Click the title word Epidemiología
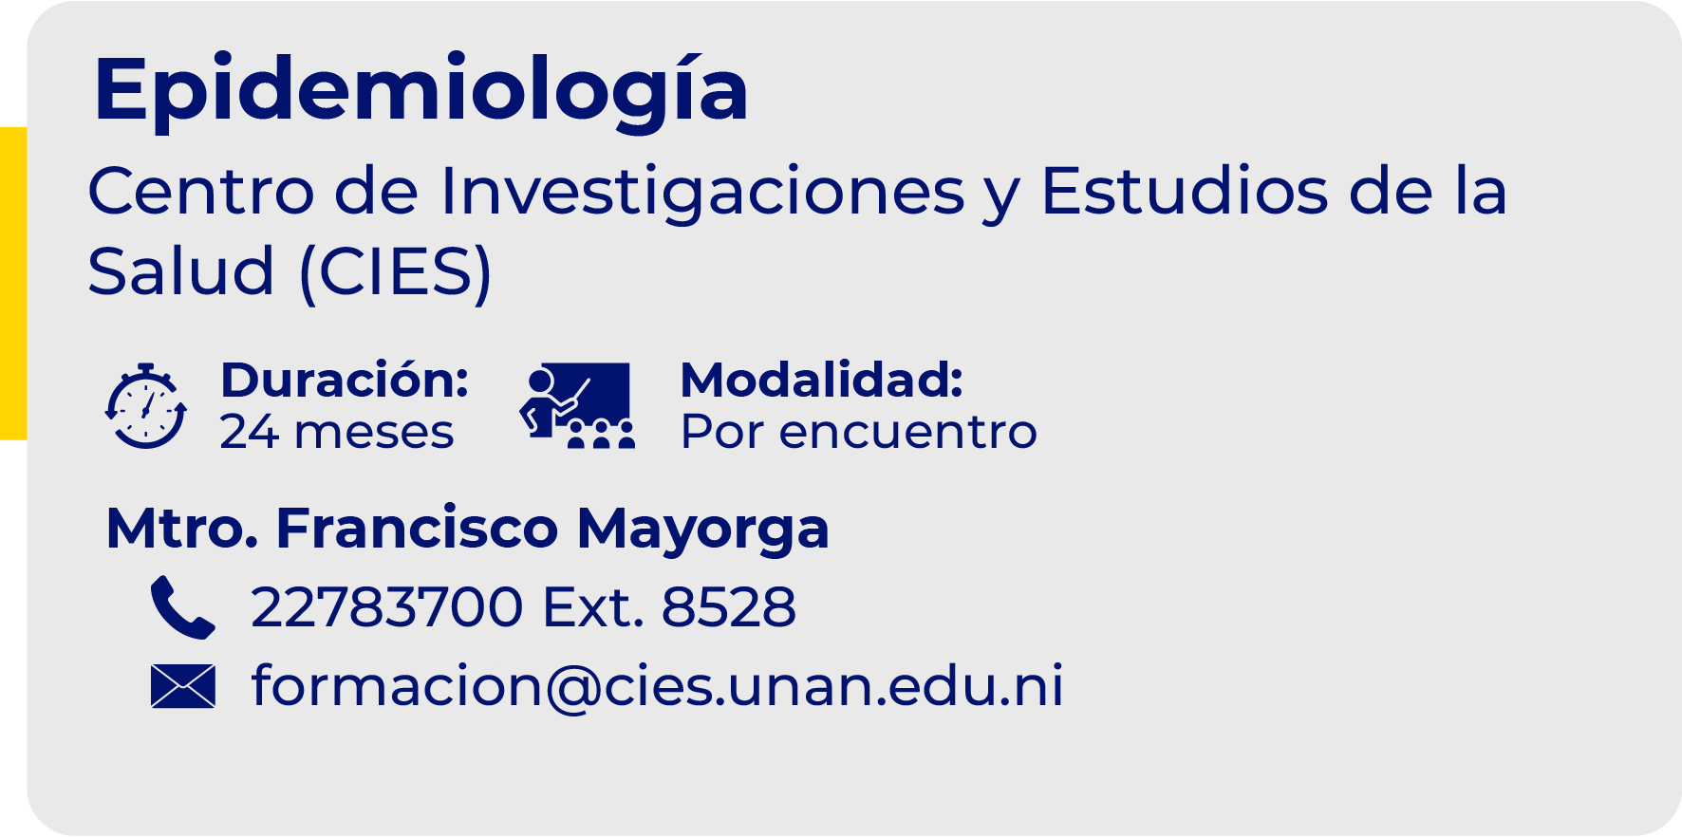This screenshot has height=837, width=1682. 420,90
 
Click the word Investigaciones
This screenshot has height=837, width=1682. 702,192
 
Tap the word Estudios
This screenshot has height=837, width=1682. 1183,192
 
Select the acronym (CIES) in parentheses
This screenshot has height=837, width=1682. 395,272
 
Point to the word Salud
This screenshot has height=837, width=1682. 180,272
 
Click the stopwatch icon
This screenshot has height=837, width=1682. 145,406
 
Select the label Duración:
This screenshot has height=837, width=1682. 345,380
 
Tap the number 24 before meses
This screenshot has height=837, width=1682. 249,432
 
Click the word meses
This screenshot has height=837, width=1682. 374,433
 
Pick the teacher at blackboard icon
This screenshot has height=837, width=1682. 577,405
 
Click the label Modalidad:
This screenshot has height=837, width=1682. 822,380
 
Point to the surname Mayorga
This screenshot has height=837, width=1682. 702,530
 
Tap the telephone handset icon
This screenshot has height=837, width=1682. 182,606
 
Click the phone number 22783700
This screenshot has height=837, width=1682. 386,607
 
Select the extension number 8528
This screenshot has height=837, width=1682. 728,607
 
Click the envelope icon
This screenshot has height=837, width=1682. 182,686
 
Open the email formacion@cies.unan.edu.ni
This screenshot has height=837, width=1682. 657,686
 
